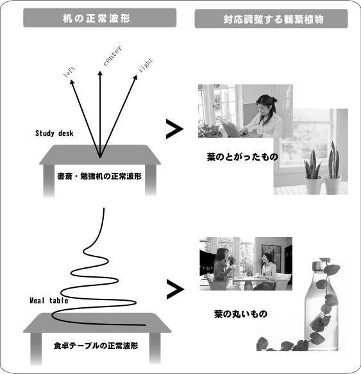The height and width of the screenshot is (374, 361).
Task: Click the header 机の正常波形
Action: tap(96, 19)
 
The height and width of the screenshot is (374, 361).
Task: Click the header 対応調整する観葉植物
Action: tap(273, 19)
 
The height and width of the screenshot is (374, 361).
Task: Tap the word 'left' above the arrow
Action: tap(69, 72)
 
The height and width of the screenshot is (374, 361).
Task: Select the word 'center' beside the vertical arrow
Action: tap(113, 55)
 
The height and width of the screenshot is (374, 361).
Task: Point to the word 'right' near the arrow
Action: tap(146, 65)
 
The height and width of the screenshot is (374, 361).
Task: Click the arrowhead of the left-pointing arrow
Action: tap(72, 82)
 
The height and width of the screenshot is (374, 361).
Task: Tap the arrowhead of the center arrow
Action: tap(100, 73)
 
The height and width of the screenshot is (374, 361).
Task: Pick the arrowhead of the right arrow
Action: tap(135, 78)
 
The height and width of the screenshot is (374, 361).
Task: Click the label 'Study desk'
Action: tap(55, 133)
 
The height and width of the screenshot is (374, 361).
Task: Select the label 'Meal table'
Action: tap(49, 301)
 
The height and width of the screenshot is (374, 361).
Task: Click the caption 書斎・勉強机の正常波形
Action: tap(99, 176)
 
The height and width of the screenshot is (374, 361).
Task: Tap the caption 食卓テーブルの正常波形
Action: tap(96, 346)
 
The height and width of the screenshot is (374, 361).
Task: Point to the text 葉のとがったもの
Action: tap(242, 157)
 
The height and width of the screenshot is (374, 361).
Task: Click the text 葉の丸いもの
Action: tap(240, 314)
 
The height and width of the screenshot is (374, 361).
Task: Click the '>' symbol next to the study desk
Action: tap(174, 129)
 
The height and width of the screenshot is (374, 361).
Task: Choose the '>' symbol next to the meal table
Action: tap(176, 289)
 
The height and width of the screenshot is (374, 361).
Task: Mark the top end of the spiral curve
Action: tap(104, 208)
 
